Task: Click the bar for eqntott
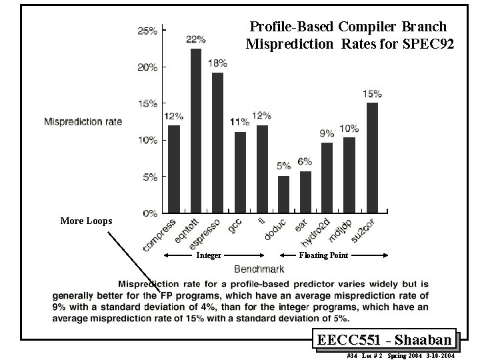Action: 196,131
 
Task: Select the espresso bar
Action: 217,143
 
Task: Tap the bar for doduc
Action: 283,194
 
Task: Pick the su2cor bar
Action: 372,157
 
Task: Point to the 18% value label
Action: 217,63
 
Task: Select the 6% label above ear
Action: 305,161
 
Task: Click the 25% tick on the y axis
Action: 147,31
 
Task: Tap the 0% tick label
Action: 149,213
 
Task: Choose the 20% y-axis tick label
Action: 147,67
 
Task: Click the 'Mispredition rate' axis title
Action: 83,121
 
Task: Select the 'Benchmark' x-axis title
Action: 259,269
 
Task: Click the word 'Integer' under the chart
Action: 208,255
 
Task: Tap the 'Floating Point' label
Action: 323,255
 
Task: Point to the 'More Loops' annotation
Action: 86,221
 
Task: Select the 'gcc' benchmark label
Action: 235,227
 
